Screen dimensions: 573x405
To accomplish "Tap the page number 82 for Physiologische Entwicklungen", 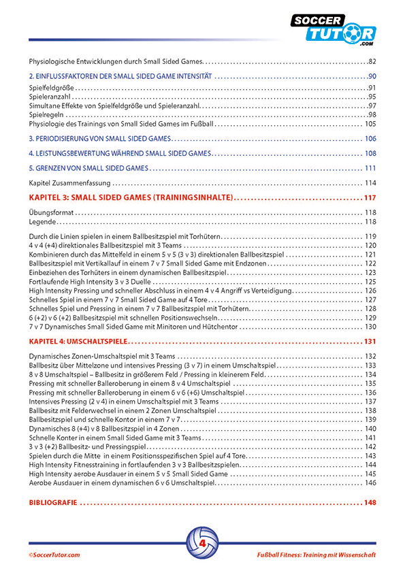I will click(371, 61).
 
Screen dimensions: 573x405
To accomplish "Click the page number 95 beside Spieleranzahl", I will click(372, 97).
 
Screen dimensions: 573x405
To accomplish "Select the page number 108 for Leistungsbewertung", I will click(370, 153).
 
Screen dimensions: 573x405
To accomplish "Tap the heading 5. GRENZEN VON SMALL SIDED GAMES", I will click(88, 168).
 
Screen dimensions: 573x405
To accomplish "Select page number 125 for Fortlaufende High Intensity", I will click(370, 280).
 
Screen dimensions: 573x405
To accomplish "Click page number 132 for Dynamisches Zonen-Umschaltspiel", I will click(370, 357).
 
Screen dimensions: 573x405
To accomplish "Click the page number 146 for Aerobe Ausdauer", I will click(370, 482).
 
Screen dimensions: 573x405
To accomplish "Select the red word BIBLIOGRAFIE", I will click(54, 504).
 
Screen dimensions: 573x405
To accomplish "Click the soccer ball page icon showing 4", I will click(202, 542).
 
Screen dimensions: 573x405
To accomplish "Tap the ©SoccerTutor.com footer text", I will click(54, 555).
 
